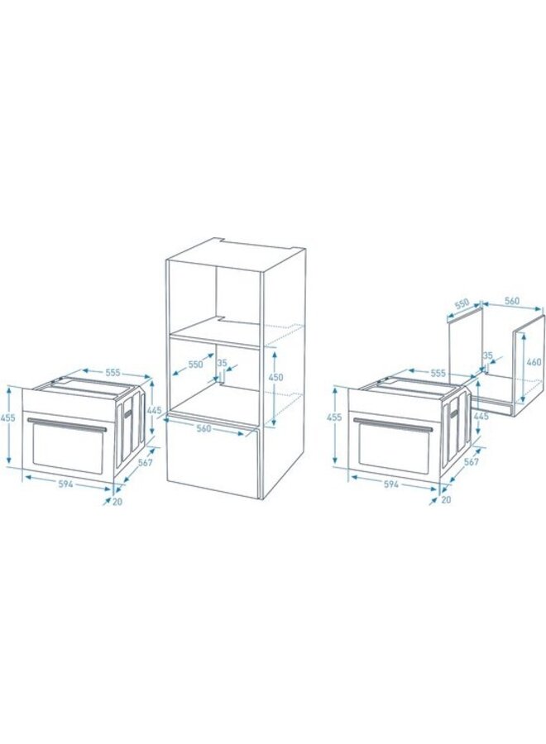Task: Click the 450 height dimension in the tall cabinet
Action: [276, 377]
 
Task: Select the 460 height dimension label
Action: [534, 362]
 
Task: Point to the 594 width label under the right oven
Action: [390, 484]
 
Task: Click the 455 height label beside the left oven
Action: [8, 418]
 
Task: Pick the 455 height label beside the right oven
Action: [333, 417]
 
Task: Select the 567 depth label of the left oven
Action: [144, 463]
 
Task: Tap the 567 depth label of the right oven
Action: [471, 461]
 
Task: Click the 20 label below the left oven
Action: [117, 501]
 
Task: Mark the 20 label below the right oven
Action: [446, 499]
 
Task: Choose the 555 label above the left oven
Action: [112, 373]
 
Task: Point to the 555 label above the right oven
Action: [438, 374]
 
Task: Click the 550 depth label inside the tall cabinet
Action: [194, 364]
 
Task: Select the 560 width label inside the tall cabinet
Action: [204, 429]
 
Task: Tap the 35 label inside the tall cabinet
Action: [222, 363]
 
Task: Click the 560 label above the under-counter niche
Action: [511, 300]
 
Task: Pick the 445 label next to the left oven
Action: [155, 410]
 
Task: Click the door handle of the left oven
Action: [67, 424]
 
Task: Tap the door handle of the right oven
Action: [394, 424]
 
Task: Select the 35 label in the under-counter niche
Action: [487, 355]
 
